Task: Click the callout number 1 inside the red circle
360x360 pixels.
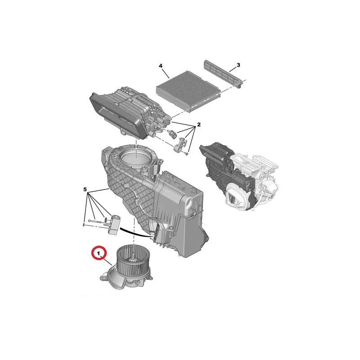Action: tap(99, 254)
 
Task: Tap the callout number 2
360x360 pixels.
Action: tap(199, 125)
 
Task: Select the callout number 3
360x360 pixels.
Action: tap(238, 65)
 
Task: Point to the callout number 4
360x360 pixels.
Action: tap(161, 66)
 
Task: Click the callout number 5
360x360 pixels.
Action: tap(85, 189)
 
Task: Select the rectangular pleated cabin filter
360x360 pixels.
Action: tap(188, 91)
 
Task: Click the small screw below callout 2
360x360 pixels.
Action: tap(187, 153)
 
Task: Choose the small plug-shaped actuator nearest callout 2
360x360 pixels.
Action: tap(172, 134)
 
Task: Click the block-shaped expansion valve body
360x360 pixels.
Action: tap(115, 225)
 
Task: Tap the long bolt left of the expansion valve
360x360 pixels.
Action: tap(95, 221)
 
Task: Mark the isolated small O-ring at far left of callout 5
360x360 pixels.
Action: tap(84, 224)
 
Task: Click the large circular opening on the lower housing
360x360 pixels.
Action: tap(135, 157)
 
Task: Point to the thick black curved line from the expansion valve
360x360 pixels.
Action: tap(135, 232)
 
